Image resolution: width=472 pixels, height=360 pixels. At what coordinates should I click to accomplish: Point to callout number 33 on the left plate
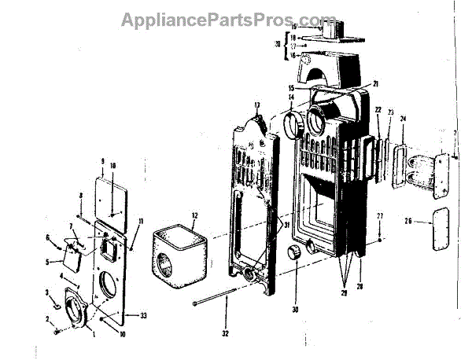[143, 315]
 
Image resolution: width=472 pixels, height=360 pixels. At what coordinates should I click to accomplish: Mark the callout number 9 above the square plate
[102, 161]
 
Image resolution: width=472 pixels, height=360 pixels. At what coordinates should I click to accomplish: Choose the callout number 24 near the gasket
[404, 119]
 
